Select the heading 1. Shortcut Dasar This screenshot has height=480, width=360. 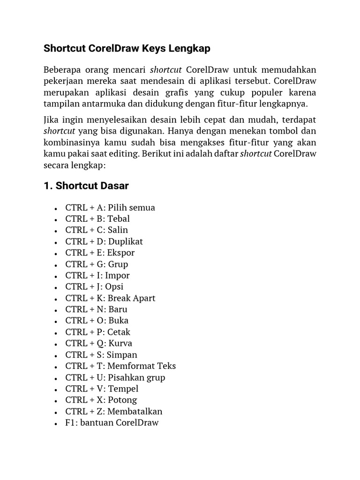[x=86, y=186]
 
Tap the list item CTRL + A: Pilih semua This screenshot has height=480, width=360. [x=110, y=208]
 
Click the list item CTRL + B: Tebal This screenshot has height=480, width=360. [x=97, y=219]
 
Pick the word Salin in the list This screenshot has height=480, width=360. [x=118, y=230]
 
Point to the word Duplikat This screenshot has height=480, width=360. [x=126, y=241]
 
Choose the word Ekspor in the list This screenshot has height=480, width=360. [x=121, y=253]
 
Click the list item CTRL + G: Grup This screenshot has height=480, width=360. [x=97, y=264]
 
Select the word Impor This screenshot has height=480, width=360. [x=117, y=276]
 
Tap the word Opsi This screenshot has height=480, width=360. [x=114, y=287]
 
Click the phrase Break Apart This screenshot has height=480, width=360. [x=131, y=298]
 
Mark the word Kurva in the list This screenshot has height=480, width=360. [x=120, y=344]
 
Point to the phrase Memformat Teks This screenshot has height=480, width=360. [x=142, y=366]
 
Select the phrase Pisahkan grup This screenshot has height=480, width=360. [x=136, y=377]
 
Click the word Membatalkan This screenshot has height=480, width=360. [x=135, y=412]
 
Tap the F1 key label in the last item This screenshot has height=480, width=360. [x=70, y=423]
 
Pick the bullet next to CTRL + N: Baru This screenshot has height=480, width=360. [x=56, y=310]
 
